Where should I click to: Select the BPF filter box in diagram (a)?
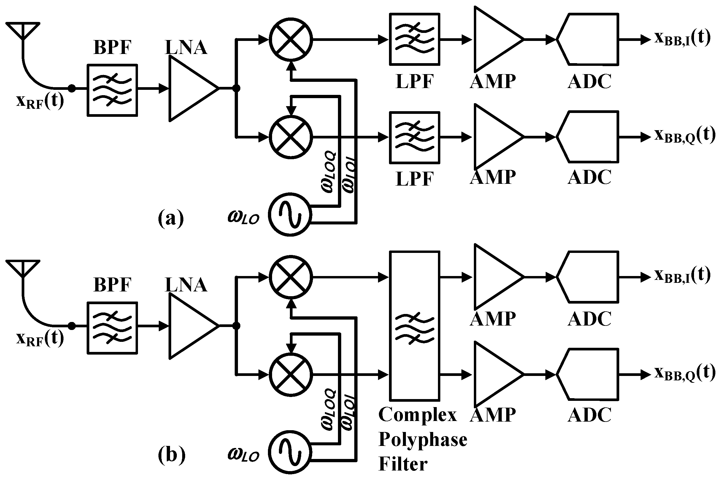pyautogui.click(x=112, y=90)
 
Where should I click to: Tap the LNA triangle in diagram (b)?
pyautogui.click(x=190, y=326)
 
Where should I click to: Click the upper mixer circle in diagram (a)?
pyautogui.click(x=291, y=39)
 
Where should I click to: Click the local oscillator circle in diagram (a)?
pyautogui.click(x=290, y=214)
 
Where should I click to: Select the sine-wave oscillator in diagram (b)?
pyautogui.click(x=290, y=452)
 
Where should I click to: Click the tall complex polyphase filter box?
pyautogui.click(x=415, y=326)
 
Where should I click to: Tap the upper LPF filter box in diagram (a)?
pyautogui.click(x=415, y=39)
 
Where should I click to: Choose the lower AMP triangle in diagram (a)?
pyautogui.click(x=495, y=137)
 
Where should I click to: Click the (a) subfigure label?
pyautogui.click(x=171, y=218)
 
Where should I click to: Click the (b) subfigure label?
pyautogui.click(x=171, y=455)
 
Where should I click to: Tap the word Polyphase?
pyautogui.click(x=423, y=440)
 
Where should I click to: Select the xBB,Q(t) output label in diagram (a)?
pyautogui.click(x=685, y=135)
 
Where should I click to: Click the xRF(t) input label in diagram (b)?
pyautogui.click(x=40, y=338)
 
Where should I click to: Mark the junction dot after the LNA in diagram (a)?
pyautogui.click(x=236, y=88)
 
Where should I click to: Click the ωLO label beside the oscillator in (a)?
pyautogui.click(x=244, y=217)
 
